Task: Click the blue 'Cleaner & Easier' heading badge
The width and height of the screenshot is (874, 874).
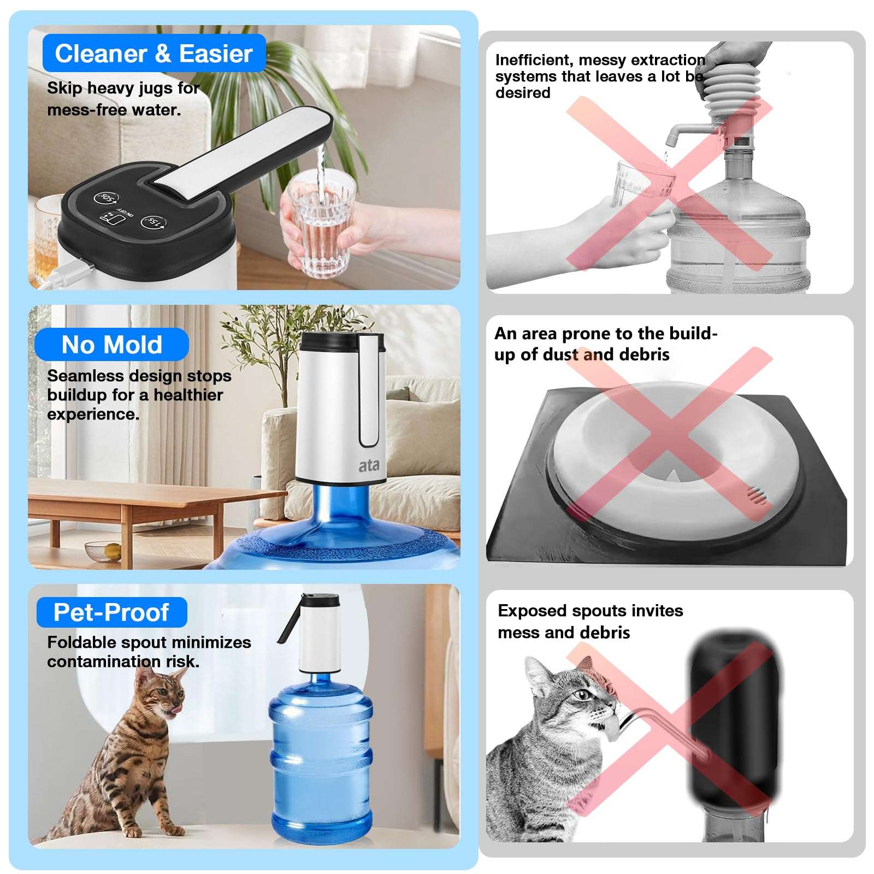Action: [x=153, y=54]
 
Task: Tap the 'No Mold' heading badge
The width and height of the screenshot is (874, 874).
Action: [x=111, y=345]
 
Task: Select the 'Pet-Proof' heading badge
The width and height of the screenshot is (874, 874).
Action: [x=111, y=612]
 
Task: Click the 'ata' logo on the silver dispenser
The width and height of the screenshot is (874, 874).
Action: [x=369, y=465]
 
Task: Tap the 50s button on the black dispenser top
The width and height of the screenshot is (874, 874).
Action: [x=107, y=198]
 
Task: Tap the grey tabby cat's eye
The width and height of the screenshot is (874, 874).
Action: [x=582, y=695]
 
